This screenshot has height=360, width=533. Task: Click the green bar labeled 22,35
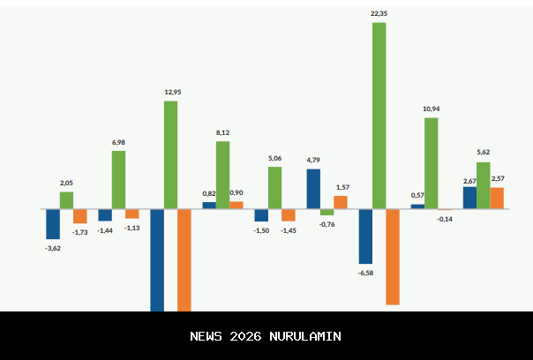click(x=379, y=115)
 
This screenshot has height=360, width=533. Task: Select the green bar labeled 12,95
click(x=170, y=154)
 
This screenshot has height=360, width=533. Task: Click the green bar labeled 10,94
click(x=431, y=163)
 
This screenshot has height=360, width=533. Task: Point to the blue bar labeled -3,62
click(x=53, y=223)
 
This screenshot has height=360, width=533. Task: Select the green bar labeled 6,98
click(x=118, y=179)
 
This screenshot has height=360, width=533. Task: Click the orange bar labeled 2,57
click(x=497, y=198)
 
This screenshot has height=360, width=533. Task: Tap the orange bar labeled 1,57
click(x=341, y=201)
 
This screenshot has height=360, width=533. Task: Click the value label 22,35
click(x=379, y=13)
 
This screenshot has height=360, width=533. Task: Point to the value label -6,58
click(x=365, y=274)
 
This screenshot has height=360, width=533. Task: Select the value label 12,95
click(x=173, y=92)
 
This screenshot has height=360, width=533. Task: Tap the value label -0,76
click(x=327, y=224)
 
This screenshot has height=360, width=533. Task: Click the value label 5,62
click(x=484, y=152)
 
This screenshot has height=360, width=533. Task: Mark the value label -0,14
click(x=445, y=219)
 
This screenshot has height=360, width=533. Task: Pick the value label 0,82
click(x=209, y=193)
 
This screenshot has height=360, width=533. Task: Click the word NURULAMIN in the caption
click(x=304, y=336)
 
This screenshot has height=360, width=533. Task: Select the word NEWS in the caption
click(x=206, y=336)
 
